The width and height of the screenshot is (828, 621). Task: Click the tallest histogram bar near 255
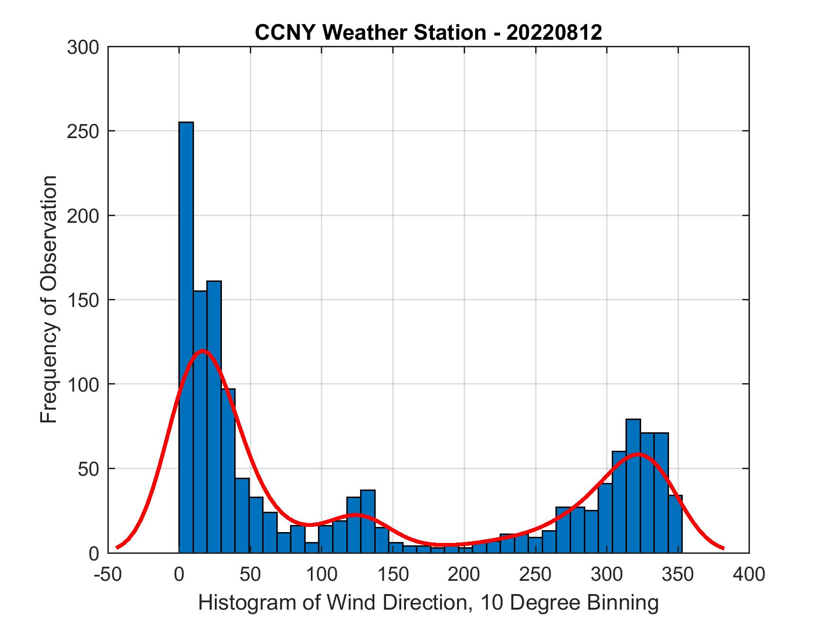[186, 331]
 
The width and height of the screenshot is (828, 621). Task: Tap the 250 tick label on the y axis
[83, 131]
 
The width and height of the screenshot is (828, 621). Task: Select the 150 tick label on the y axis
[83, 300]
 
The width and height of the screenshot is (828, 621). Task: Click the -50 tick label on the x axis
[108, 575]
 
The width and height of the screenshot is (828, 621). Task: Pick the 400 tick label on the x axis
[749, 575]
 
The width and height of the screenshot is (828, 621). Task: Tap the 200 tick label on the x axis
[464, 575]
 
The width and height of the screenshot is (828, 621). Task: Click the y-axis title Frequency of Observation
[48, 300]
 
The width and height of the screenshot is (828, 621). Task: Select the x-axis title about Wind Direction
[428, 603]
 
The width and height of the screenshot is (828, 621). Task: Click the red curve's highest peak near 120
[203, 350]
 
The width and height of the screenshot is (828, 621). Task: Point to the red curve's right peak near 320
[638, 454]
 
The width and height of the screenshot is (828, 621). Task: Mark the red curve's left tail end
[117, 547]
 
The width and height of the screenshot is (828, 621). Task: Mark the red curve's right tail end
[723, 548]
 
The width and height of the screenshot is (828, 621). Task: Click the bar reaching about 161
[214, 416]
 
